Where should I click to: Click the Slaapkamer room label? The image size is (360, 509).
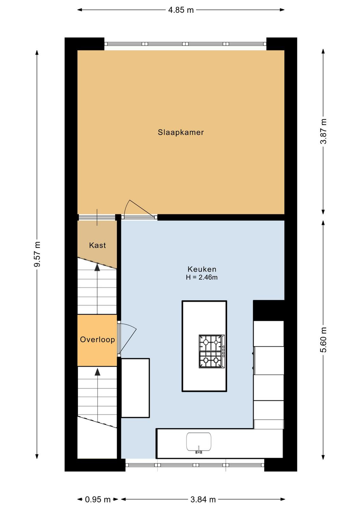(181, 132)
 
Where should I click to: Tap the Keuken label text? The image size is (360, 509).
(202, 269)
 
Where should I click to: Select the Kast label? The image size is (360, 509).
(97, 245)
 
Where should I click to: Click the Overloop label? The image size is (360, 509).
(97, 339)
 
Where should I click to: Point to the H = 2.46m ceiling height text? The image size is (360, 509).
(202, 277)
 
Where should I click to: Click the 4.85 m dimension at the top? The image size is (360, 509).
(181, 10)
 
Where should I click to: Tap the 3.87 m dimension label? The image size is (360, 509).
(323, 131)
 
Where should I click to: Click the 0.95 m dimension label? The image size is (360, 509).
(98, 499)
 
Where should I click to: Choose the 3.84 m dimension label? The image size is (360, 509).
(203, 499)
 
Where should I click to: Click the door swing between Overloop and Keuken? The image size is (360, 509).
(128, 338)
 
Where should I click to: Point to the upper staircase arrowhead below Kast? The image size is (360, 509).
(97, 267)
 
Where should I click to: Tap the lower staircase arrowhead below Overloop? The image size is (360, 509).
(97, 372)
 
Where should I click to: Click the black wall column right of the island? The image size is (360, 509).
(269, 310)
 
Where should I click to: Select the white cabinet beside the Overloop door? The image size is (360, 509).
(135, 388)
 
